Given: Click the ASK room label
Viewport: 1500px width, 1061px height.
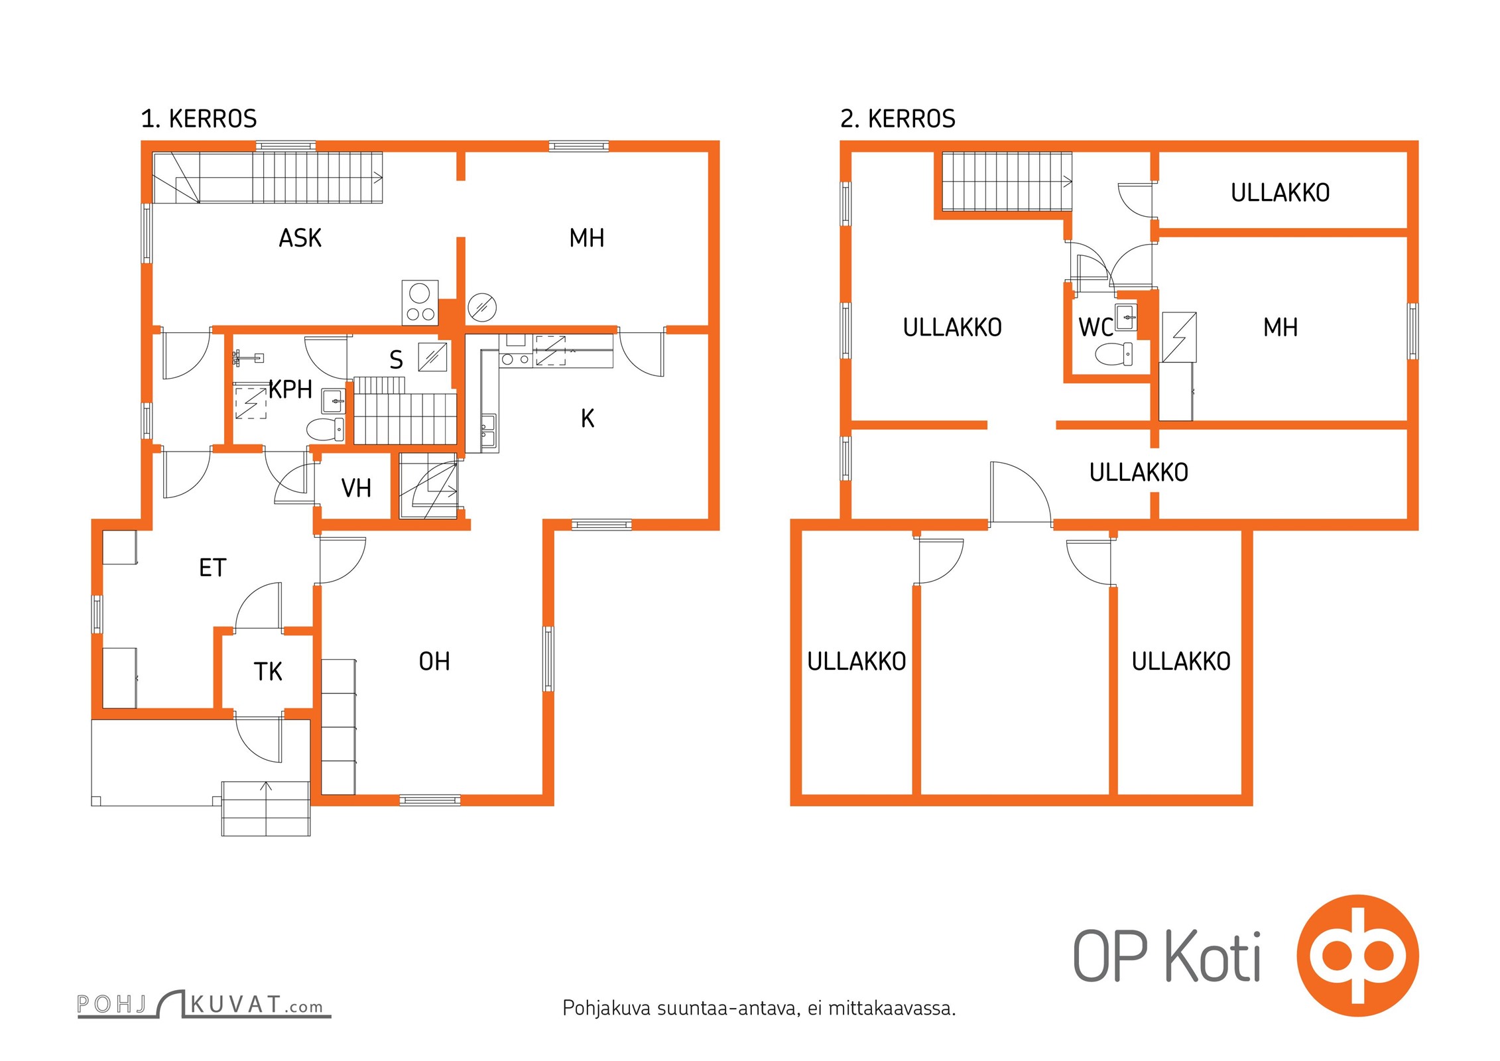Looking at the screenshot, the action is click(300, 238).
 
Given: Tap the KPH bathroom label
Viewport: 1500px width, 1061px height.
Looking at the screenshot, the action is click(290, 389).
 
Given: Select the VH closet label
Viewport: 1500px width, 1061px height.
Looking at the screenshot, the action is click(356, 489).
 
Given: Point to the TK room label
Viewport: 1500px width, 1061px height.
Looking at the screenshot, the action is click(268, 672).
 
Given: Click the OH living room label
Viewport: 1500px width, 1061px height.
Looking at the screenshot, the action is click(434, 661).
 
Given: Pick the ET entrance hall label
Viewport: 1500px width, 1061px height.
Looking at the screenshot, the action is click(213, 568).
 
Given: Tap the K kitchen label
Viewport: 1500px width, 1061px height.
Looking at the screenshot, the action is click(588, 418).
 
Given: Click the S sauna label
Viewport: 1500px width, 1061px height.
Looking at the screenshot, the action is click(396, 360).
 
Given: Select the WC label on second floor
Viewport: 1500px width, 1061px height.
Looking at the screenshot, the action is click(1095, 328).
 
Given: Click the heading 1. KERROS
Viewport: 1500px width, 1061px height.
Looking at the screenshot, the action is click(199, 119).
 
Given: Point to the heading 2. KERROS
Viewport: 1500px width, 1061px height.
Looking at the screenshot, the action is click(898, 119).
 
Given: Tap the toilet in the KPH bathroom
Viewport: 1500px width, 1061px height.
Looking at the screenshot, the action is click(326, 429).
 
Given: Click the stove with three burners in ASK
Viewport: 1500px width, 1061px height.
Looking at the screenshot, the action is click(420, 303).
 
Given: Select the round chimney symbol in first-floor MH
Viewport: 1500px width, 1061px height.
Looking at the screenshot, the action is click(482, 307).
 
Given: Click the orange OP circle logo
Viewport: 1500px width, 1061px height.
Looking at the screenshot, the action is click(1357, 956).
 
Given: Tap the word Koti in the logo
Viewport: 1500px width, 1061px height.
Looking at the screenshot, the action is click(1214, 956).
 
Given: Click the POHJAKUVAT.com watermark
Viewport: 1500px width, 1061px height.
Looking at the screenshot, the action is click(204, 1004).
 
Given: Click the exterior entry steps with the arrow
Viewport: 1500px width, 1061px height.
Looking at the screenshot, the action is click(266, 808).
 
